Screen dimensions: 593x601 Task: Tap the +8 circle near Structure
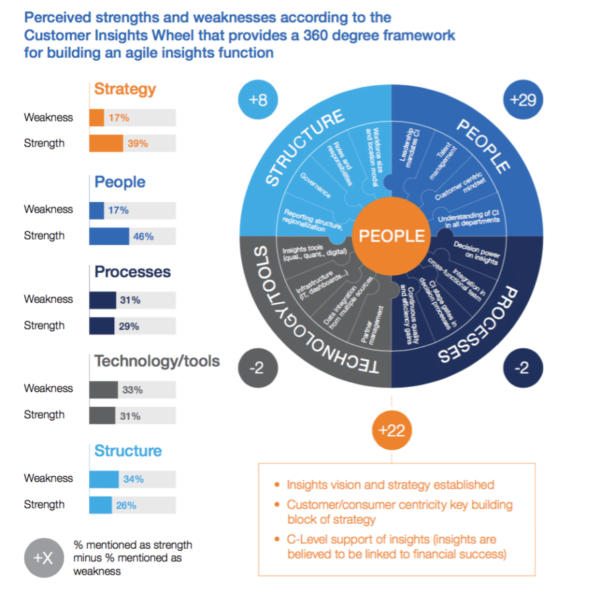coord(258,101)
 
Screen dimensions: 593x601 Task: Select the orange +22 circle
coord(391,430)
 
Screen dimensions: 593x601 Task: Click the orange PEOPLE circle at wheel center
coord(391,236)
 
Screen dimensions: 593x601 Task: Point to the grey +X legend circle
coord(44,557)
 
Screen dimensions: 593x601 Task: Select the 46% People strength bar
coord(109,236)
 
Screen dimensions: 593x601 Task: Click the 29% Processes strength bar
coord(102,326)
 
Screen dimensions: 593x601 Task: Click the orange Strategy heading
coord(125,89)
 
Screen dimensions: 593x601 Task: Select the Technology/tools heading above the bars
coord(156,361)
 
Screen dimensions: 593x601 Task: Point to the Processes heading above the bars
coord(132,272)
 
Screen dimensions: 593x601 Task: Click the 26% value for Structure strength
coord(126,505)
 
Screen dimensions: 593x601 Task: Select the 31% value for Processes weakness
coord(131,300)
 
